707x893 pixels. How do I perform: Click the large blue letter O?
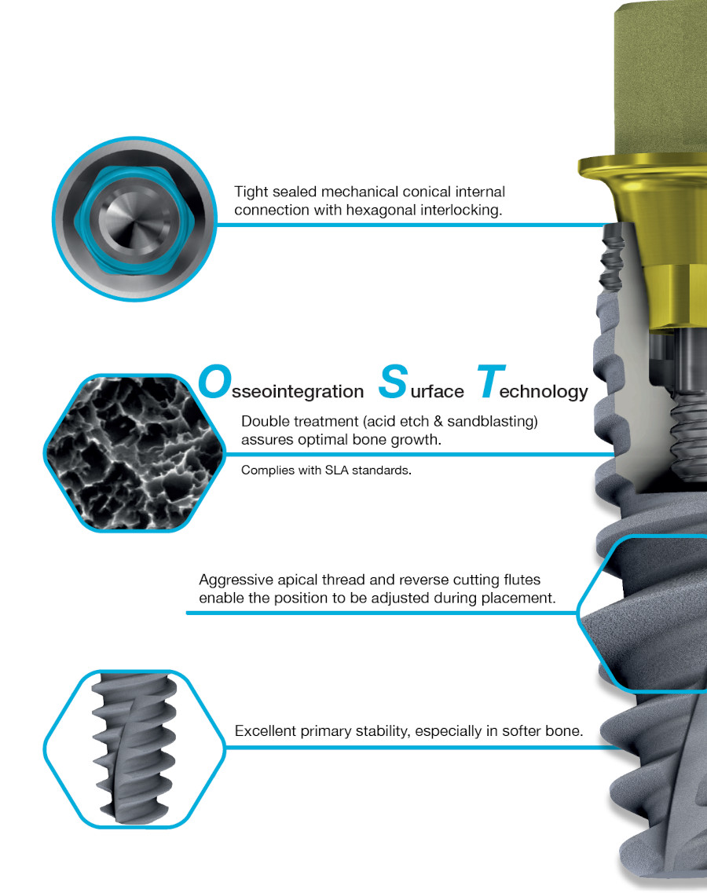[x=214, y=381]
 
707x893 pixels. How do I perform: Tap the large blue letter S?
[x=394, y=381]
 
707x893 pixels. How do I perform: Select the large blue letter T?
[x=490, y=381]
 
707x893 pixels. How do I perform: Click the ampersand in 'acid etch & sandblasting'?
[x=438, y=422]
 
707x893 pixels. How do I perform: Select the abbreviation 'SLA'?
[x=336, y=470]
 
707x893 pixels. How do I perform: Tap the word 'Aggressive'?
[x=236, y=580]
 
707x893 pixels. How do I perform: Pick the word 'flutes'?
[x=522, y=580]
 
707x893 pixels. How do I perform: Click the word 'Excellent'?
[x=266, y=731]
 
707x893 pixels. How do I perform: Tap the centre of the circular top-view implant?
[x=135, y=218]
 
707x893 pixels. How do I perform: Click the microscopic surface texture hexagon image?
[x=134, y=453]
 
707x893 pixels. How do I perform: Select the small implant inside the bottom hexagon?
[x=134, y=748]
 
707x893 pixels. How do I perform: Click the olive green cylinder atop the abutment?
[x=661, y=80]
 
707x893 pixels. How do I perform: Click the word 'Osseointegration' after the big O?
[x=298, y=392]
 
